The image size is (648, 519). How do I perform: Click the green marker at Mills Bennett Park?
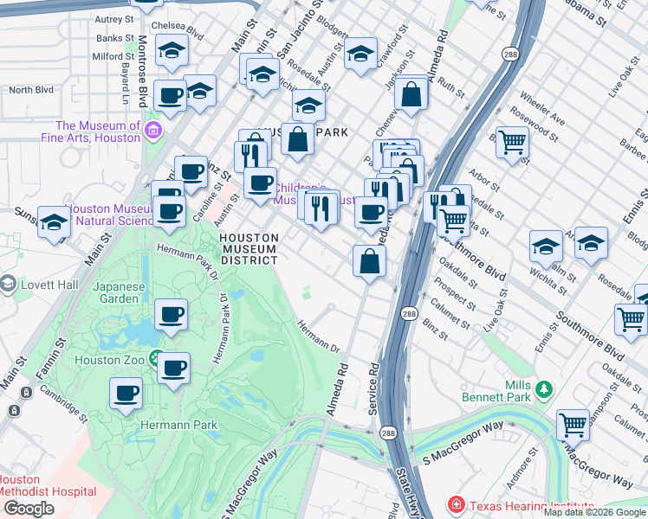543,389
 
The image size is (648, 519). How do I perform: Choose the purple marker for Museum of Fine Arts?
154,131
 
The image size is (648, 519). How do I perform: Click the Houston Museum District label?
249,248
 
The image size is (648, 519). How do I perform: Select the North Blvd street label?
32,90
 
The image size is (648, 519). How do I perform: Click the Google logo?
29,509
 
